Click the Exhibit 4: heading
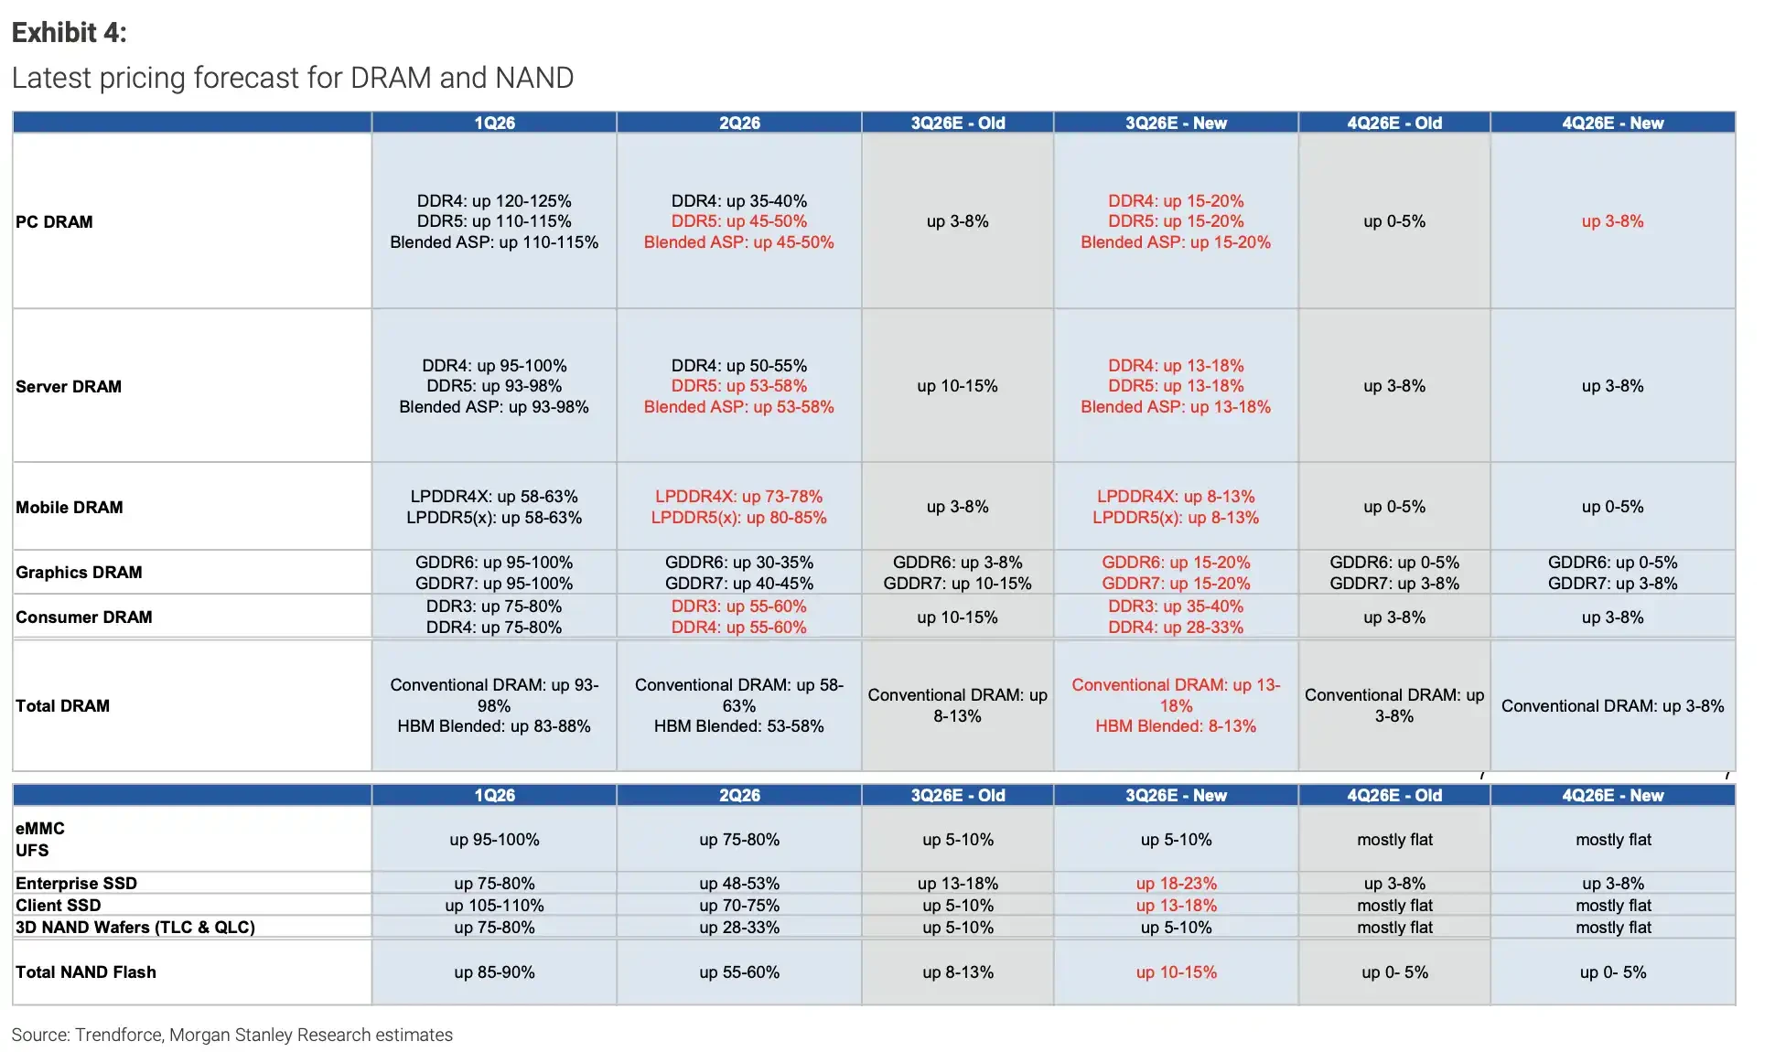[x=69, y=33]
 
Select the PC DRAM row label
[x=54, y=221]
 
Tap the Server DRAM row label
[x=69, y=386]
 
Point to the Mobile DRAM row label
[x=70, y=507]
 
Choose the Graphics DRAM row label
[x=79, y=572]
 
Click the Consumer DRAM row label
[x=84, y=617]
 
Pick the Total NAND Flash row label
[x=86, y=971]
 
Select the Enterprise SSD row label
[x=76, y=883]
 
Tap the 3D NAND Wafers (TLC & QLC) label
[x=135, y=927]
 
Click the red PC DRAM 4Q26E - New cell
[x=1612, y=221]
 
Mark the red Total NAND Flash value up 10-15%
[x=1176, y=971]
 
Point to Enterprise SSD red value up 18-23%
[x=1176, y=883]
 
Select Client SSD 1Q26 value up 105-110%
[x=494, y=905]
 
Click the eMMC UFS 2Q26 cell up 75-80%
[x=739, y=839]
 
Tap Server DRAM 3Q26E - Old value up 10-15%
[x=957, y=386]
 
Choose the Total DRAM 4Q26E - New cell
[x=1612, y=705]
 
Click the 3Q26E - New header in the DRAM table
[x=1176, y=123]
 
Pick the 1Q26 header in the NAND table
[x=494, y=795]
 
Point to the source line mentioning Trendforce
[x=232, y=1035]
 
